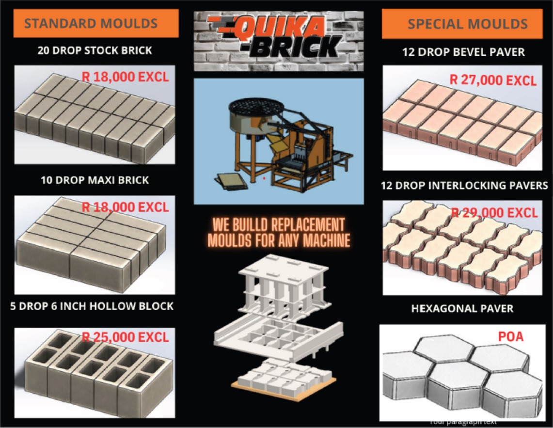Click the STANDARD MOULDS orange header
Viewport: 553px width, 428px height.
tap(96, 23)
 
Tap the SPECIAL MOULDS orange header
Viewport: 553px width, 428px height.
tap(462, 24)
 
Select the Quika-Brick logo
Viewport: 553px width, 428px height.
tap(279, 41)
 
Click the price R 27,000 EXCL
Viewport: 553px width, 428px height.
tap(493, 80)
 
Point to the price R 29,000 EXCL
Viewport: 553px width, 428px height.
tap(494, 213)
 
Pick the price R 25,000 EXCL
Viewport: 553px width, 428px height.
tap(125, 337)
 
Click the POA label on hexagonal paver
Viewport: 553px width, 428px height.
tap(511, 336)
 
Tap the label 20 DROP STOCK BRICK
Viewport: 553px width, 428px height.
tap(95, 50)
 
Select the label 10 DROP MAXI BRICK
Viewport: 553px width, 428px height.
tap(95, 180)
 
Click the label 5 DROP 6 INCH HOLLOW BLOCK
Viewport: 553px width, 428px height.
tap(92, 306)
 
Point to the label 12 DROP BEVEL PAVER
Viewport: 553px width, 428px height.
tap(463, 52)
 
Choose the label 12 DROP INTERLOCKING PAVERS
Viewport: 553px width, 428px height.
tap(464, 185)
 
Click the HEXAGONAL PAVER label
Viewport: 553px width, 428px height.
tap(462, 309)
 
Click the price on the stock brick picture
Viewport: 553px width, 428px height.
tap(125, 77)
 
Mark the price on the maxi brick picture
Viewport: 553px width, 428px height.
tap(125, 207)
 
